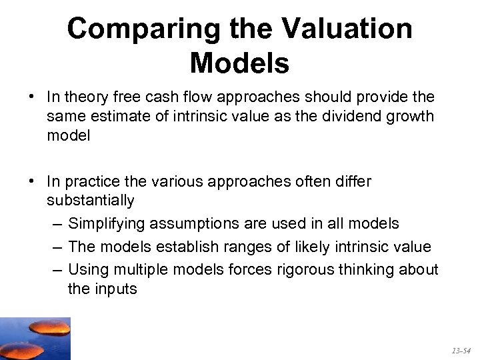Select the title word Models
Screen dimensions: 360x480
(239, 64)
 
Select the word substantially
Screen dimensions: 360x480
(91, 200)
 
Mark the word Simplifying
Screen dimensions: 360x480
(107, 224)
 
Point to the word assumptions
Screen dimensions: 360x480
(193, 224)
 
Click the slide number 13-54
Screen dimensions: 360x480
(461, 350)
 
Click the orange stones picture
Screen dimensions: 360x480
(35, 338)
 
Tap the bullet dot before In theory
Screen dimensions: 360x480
(32, 97)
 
